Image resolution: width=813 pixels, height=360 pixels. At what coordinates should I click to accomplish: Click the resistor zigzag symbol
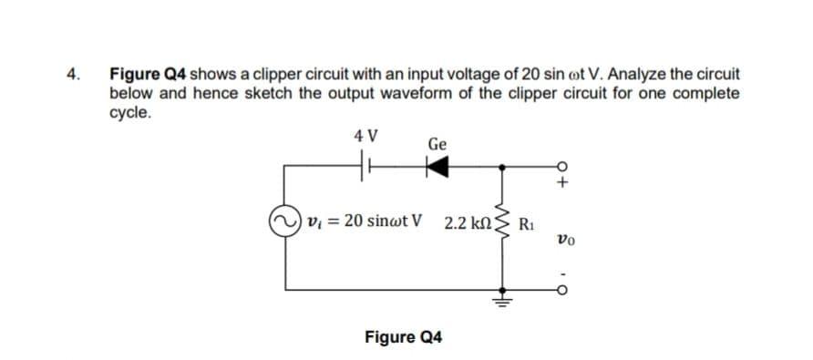click(x=499, y=222)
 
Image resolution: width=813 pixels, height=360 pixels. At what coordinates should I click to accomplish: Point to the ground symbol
click(x=499, y=293)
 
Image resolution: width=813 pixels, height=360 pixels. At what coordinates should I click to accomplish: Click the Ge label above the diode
click(x=437, y=144)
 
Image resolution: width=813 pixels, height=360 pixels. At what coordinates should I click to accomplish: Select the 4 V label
click(x=367, y=138)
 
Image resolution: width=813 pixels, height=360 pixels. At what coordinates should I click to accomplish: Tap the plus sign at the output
click(x=563, y=183)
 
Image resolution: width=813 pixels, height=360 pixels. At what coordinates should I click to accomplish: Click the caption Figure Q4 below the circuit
click(x=403, y=337)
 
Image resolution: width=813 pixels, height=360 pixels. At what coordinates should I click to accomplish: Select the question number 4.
click(x=77, y=73)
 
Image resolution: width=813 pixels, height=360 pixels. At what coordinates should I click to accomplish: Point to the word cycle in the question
click(x=129, y=115)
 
